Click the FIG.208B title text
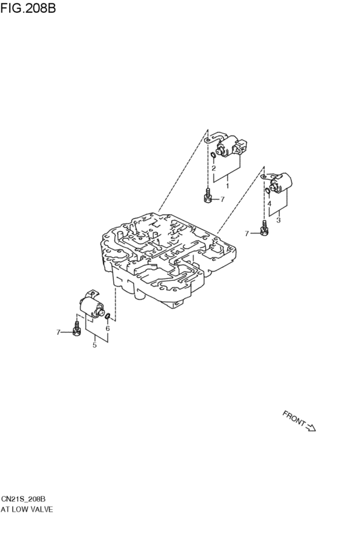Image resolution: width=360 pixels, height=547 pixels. [28, 8]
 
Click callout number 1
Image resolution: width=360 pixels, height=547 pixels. [228, 186]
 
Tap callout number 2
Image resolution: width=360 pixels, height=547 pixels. [214, 168]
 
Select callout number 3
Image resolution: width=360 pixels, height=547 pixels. [278, 220]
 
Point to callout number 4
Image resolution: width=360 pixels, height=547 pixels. [269, 203]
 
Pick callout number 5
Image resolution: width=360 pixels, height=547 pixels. [94, 345]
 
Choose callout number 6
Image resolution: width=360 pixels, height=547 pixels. [107, 328]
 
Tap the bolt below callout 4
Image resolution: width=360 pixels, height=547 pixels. [264, 228]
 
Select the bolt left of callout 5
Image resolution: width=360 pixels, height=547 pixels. [76, 328]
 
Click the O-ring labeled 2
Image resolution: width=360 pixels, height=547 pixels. [213, 156]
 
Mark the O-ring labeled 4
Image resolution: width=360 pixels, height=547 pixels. [267, 191]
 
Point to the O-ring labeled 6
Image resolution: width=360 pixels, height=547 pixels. [108, 316]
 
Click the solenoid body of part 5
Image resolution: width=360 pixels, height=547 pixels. [91, 303]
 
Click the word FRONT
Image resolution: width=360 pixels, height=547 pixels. [294, 418]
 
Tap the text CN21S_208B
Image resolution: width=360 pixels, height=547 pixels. [23, 499]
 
